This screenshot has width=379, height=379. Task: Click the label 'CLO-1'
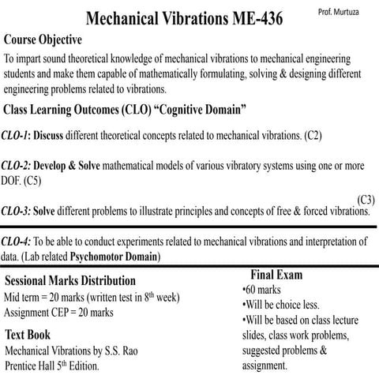[x=15, y=135]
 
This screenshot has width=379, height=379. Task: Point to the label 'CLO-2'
[x=16, y=167]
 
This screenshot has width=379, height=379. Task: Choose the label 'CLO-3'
[x=16, y=211]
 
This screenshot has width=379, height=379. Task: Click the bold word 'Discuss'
[x=49, y=135]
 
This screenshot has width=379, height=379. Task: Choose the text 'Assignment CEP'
[x=39, y=313]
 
